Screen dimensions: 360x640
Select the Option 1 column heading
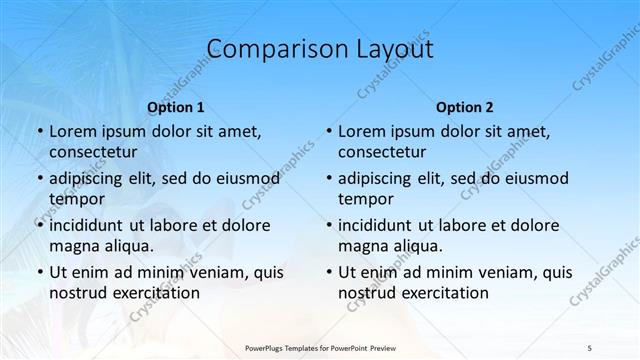176,107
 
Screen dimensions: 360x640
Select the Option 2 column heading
465,107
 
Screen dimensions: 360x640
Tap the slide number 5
589,346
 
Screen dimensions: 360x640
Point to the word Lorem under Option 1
73,131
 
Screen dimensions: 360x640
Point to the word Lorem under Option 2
362,131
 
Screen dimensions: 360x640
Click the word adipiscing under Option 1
90,179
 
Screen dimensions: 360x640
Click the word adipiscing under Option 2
379,179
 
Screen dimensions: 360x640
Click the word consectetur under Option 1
93,152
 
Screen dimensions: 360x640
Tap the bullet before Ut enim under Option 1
38,272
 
